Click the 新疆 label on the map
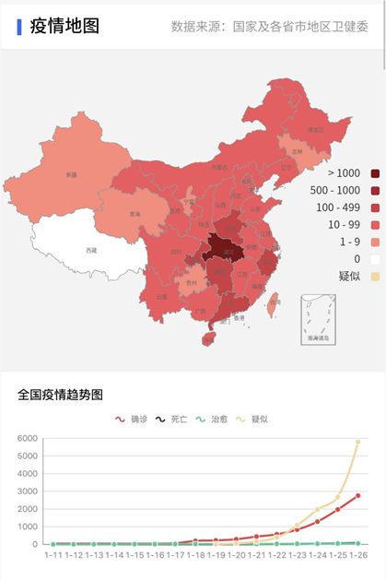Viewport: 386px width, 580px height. pos(71,173)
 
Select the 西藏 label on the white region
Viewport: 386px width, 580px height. pos(89,250)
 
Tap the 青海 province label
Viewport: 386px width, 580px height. pos(135,214)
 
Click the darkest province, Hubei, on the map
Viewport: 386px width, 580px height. pos(219,247)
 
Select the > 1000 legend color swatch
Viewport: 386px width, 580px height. pos(375,173)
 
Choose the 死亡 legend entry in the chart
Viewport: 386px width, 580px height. pos(171,419)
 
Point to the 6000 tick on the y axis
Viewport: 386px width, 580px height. pos(28,439)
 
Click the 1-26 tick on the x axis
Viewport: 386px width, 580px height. pos(357,555)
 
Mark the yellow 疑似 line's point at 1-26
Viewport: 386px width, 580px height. pos(357,443)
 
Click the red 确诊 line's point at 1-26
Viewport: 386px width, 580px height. pos(357,495)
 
